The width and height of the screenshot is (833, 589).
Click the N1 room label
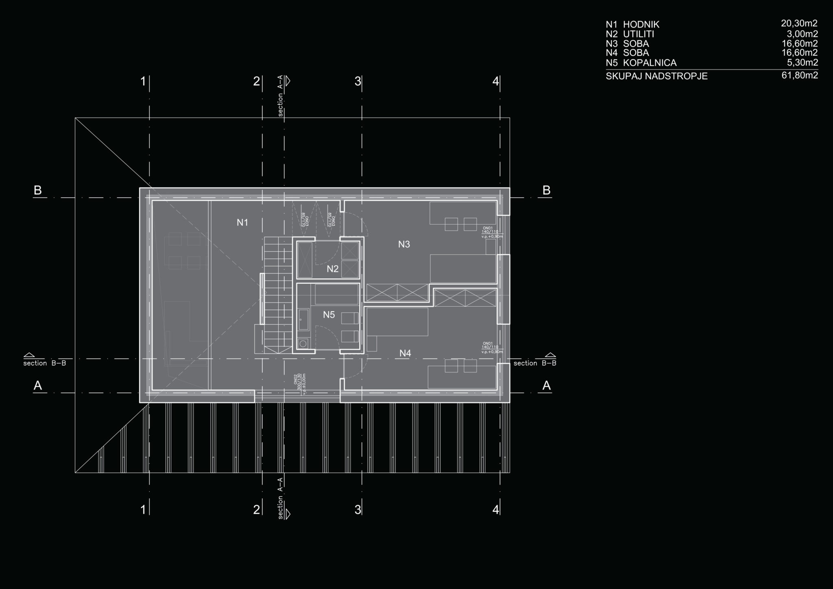point(242,223)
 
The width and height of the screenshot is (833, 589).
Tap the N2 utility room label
point(333,269)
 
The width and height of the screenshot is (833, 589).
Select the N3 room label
point(404,244)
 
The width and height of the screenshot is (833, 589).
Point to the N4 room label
point(405,353)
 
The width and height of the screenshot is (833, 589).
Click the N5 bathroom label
point(329,314)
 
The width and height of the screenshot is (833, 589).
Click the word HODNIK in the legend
point(641,24)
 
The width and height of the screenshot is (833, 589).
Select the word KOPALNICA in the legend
point(650,63)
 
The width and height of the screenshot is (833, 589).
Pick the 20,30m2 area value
point(799,24)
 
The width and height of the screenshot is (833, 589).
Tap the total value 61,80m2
point(800,75)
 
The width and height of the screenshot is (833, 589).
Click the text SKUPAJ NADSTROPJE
point(656,76)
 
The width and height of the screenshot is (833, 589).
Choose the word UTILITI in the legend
point(639,34)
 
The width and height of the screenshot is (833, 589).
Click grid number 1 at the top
point(143,81)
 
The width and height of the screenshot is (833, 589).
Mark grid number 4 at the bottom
point(495,509)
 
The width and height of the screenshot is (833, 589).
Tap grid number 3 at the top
point(358,81)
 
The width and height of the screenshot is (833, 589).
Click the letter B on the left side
point(38,190)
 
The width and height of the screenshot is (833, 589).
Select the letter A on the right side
point(547,385)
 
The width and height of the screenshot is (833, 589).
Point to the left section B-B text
point(44,363)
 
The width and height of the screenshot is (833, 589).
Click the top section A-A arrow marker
point(288,81)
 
